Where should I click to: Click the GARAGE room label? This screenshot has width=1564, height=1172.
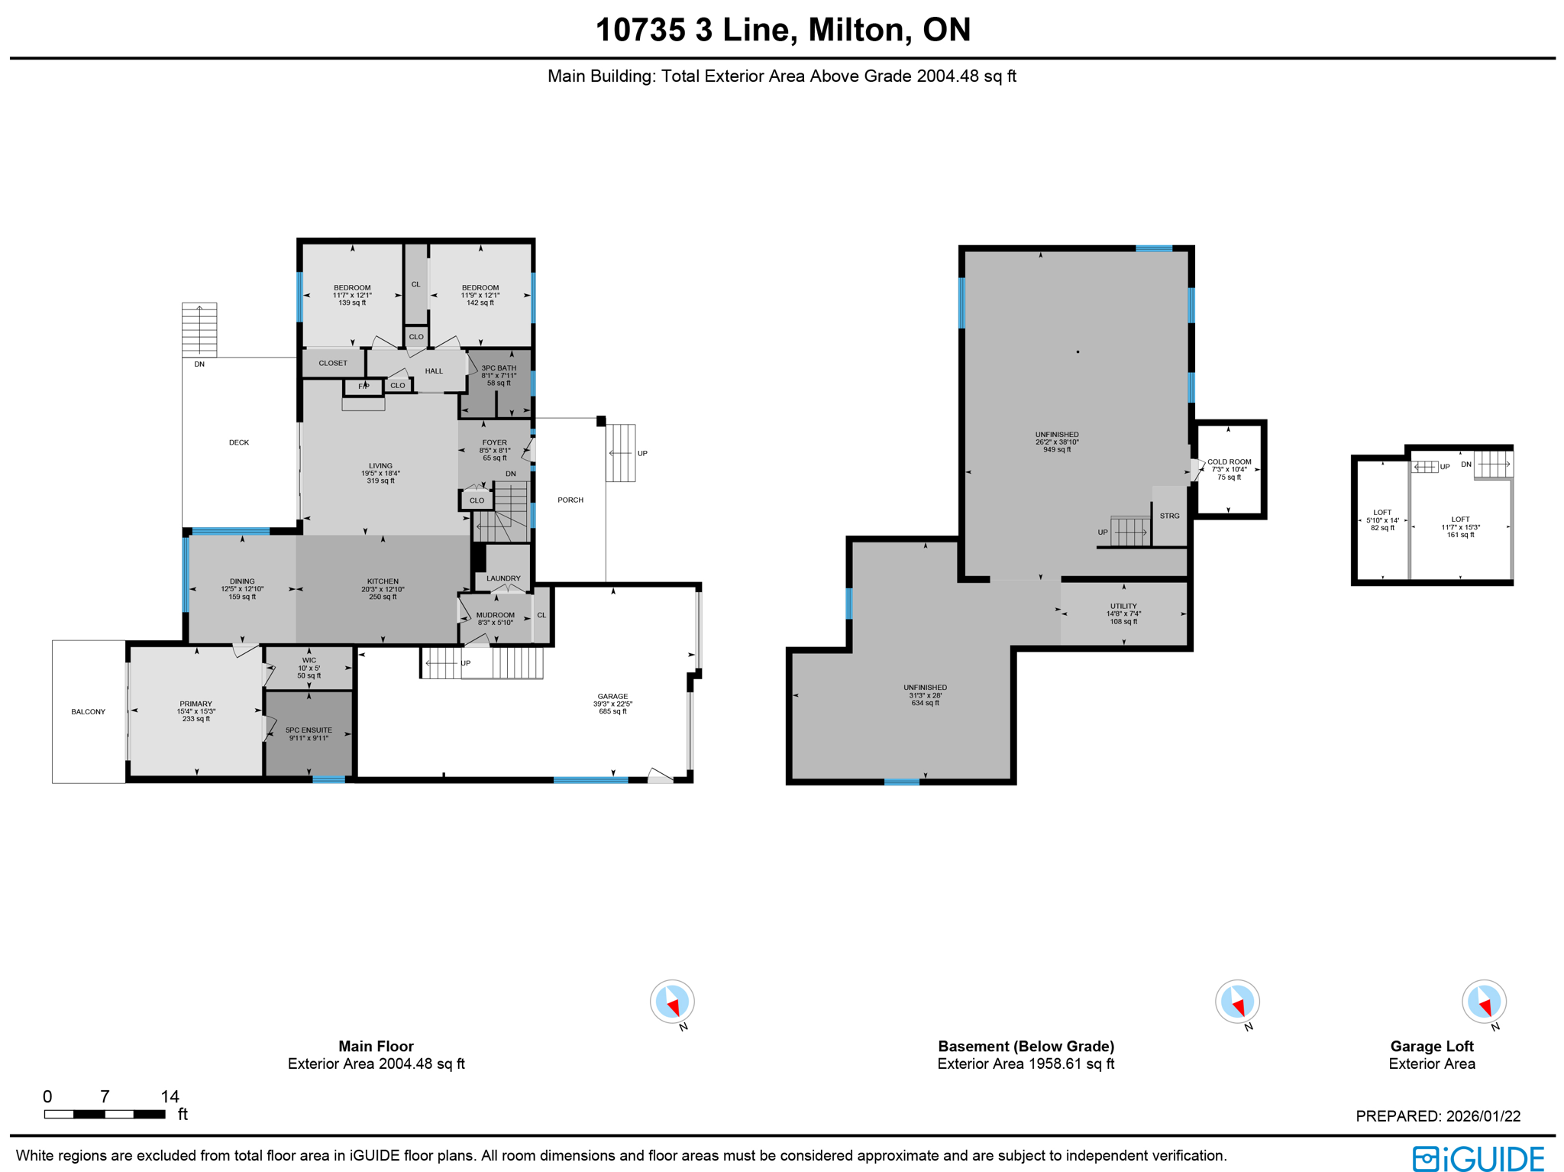point(612,696)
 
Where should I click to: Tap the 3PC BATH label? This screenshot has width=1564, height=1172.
point(499,368)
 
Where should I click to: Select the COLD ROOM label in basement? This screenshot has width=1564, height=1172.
point(1229,462)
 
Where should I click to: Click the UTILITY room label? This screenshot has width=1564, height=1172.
point(1123,606)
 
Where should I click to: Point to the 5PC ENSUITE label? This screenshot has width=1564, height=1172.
point(309,730)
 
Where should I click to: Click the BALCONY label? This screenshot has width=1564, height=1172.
point(89,712)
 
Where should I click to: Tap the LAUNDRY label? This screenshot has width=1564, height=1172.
point(503,578)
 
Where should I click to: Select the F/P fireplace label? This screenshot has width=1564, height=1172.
point(364,387)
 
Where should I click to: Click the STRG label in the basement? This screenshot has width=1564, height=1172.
point(1169,516)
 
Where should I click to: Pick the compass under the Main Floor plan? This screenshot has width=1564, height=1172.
point(672,1001)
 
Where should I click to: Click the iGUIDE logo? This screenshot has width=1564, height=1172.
point(1478,1157)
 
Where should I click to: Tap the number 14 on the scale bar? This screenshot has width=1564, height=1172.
point(170,1096)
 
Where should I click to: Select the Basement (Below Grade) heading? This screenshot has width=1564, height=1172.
point(1026,1046)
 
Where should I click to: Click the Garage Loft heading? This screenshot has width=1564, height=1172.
point(1431,1046)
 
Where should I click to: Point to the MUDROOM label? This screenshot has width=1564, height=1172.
point(495,615)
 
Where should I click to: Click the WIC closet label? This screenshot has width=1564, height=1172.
point(309,660)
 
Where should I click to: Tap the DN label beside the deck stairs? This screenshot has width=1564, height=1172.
point(199,364)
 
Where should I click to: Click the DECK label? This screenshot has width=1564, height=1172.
point(239,442)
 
